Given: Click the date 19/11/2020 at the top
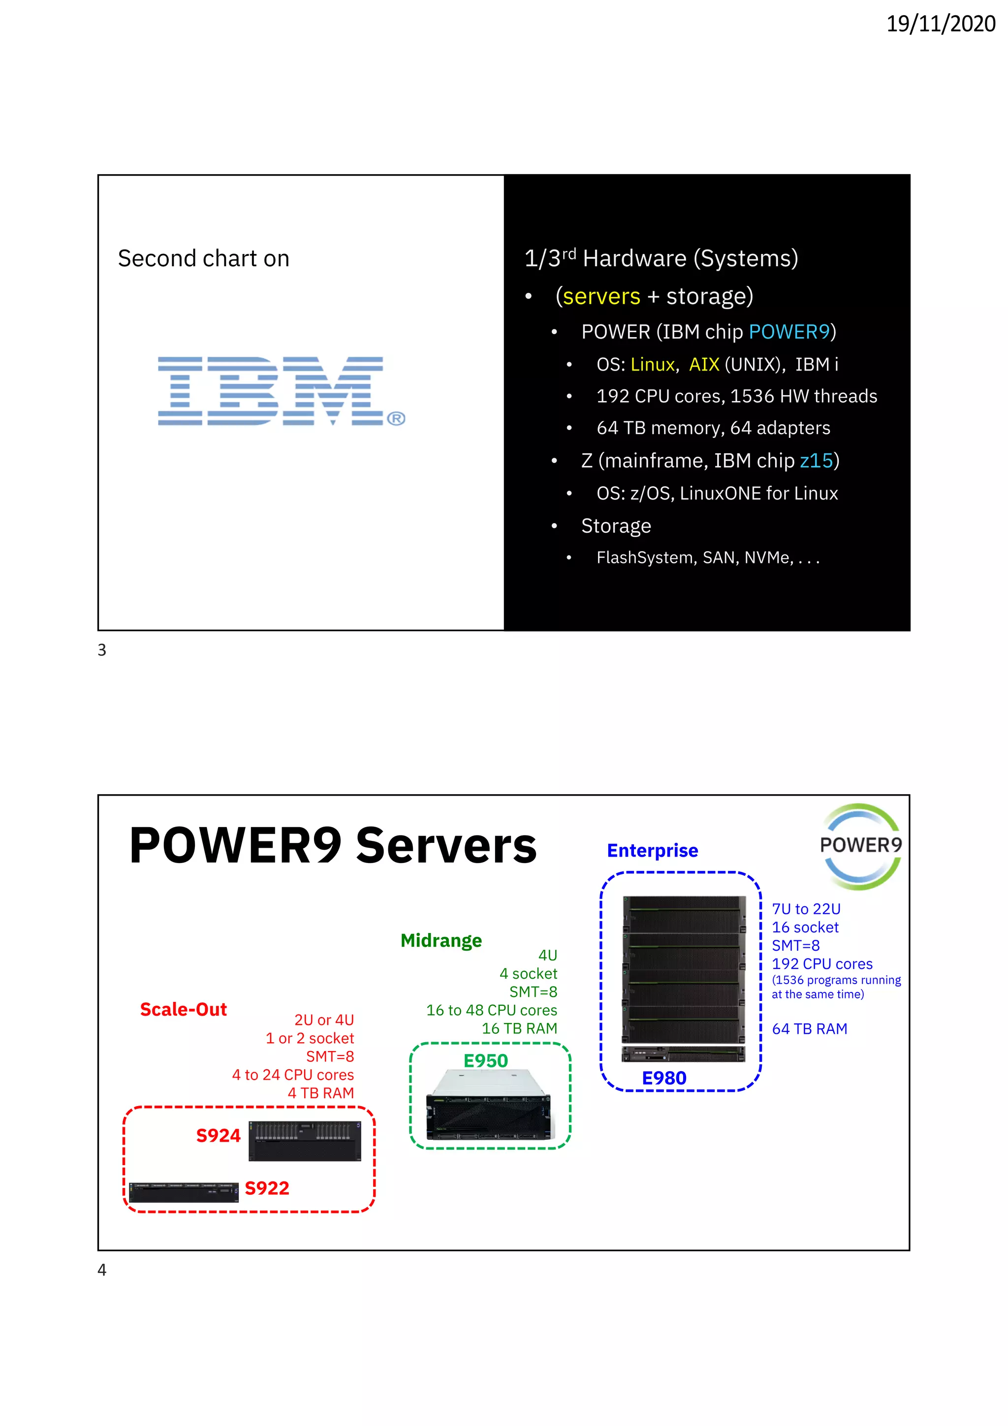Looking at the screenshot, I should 940,24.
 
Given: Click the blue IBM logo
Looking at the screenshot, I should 281,391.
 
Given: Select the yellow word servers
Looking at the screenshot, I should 601,296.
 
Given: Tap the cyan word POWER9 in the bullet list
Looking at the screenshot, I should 789,332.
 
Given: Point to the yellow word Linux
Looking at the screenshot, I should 652,365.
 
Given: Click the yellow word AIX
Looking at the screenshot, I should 704,365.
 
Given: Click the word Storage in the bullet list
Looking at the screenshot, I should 616,526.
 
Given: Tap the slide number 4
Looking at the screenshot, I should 102,1270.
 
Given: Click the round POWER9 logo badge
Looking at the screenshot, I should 860,846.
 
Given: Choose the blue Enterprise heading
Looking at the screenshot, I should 652,850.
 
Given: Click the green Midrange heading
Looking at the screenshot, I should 441,940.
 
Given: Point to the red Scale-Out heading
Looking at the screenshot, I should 183,1009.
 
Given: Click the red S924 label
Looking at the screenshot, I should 218,1135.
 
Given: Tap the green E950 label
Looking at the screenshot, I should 486,1061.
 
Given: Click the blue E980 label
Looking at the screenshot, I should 664,1078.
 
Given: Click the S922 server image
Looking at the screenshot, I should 184,1192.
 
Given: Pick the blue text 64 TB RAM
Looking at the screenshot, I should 809,1029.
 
